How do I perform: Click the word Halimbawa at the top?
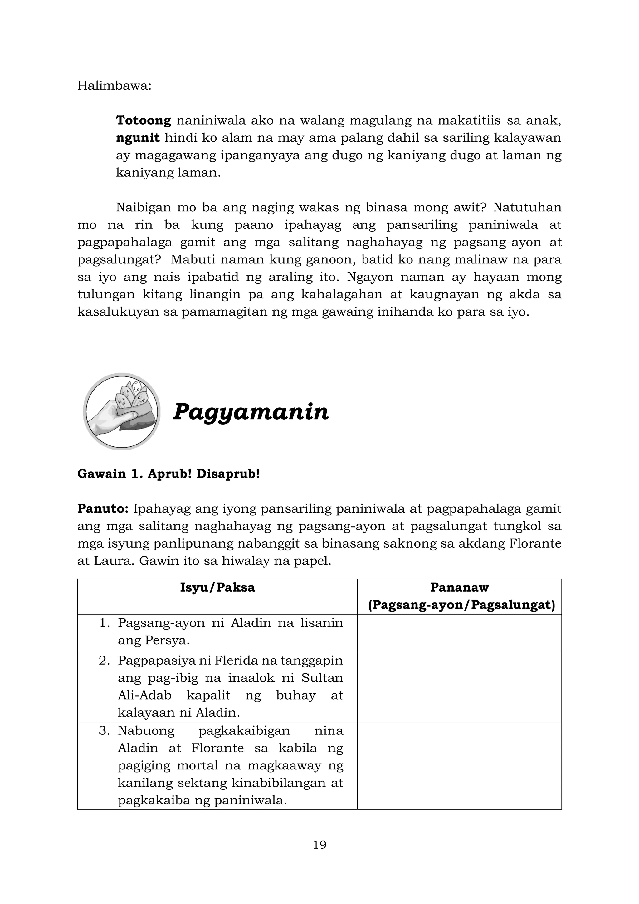click(114, 86)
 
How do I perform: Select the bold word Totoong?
click(144, 120)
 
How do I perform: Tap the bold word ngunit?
click(138, 138)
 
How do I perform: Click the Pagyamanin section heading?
click(251, 412)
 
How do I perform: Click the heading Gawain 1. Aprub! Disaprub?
click(168, 474)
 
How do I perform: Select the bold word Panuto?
click(103, 509)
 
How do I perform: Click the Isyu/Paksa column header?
click(217, 587)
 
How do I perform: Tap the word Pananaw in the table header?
click(459, 587)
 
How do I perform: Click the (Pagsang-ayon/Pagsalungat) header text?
click(461, 605)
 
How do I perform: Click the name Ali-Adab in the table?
click(145, 695)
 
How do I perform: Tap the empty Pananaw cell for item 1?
click(459, 632)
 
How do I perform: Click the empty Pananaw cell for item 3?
click(459, 765)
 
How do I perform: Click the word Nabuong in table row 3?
click(146, 731)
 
